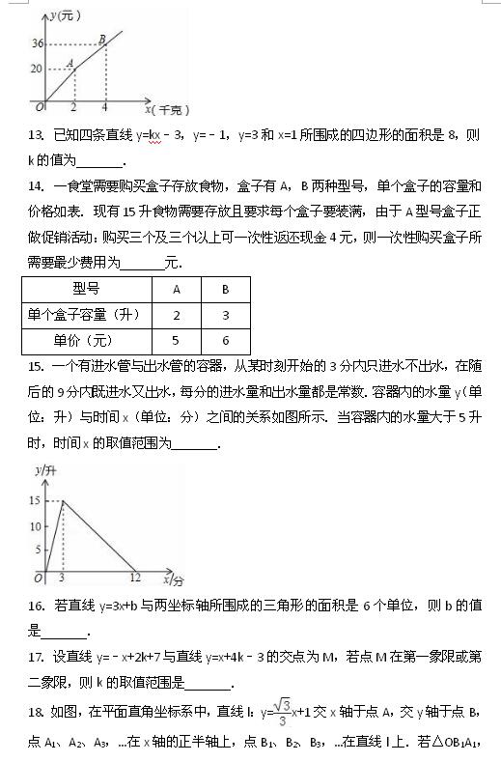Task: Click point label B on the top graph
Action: [102, 39]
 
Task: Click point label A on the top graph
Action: [70, 64]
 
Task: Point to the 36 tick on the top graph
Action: [38, 44]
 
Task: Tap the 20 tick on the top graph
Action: [37, 69]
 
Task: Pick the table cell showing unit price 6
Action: [225, 340]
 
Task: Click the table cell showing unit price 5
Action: [177, 340]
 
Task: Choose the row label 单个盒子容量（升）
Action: [85, 315]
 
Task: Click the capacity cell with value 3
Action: [225, 315]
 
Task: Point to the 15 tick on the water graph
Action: [35, 500]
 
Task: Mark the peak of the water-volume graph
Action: [63, 500]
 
